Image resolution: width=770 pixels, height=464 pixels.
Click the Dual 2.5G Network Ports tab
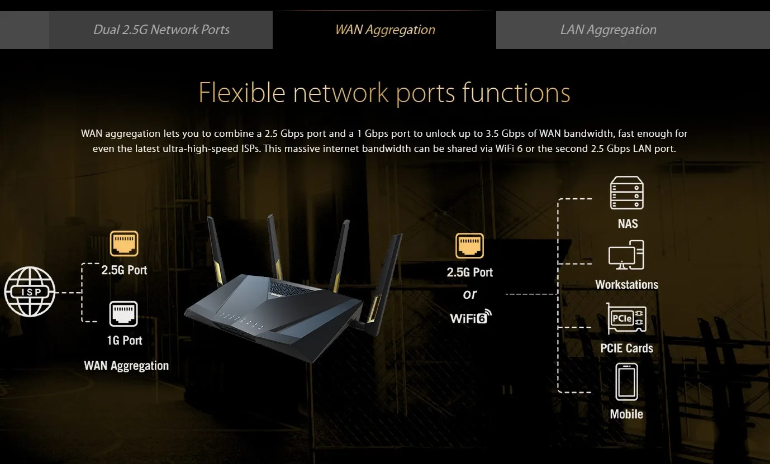click(x=161, y=30)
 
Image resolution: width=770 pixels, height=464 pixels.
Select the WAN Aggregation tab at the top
click(x=384, y=30)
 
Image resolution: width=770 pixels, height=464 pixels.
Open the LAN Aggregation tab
click(x=608, y=30)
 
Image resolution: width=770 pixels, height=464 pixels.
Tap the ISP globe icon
click(x=30, y=292)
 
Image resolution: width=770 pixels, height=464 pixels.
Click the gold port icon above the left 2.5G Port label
click(x=124, y=244)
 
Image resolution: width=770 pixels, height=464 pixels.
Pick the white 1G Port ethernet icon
click(x=123, y=314)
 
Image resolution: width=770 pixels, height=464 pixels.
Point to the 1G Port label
click(x=124, y=340)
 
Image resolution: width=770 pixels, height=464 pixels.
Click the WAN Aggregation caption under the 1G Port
click(x=126, y=366)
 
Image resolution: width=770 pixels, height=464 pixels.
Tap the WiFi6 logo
click(x=470, y=317)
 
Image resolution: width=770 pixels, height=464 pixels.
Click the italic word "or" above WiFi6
click(x=470, y=294)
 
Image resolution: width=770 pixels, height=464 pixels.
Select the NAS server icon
click(x=626, y=193)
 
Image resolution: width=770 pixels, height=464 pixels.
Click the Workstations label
click(x=626, y=285)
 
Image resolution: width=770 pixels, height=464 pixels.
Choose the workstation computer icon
click(x=626, y=256)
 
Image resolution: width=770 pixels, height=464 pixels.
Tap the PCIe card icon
click(x=626, y=319)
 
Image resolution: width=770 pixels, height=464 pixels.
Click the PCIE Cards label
click(x=626, y=348)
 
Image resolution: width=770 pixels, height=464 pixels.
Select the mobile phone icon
click(x=626, y=382)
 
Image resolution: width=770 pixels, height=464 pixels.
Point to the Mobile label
click(x=626, y=414)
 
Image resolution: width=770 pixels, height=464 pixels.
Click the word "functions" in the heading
click(x=516, y=93)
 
